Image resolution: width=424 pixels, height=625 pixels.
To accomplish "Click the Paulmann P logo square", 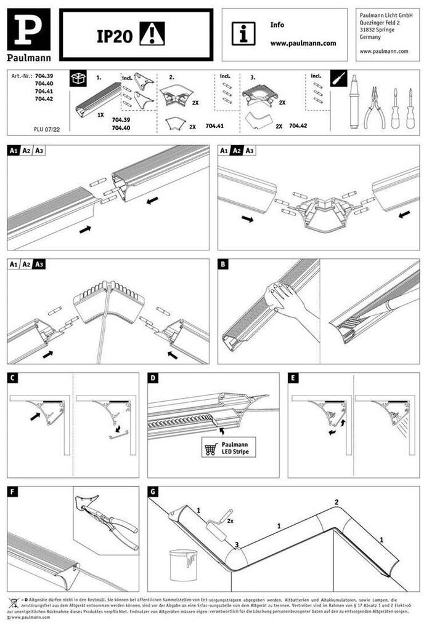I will [28, 30].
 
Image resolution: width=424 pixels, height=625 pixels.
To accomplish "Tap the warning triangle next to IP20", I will [152, 34].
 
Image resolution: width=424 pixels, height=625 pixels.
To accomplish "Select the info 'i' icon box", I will [243, 34].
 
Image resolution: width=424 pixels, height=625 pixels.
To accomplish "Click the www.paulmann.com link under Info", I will [303, 44].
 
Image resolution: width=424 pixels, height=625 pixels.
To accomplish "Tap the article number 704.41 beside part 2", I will [214, 125].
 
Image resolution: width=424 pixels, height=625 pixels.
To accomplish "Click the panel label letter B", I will [223, 264].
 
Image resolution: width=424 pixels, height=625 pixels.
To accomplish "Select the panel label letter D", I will [153, 378].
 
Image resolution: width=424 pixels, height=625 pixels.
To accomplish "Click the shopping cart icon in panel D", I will [211, 449].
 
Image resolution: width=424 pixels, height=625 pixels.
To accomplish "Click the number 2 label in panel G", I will [336, 502].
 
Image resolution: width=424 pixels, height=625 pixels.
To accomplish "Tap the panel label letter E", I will [293, 378].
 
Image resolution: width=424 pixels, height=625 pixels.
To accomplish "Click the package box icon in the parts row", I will [78, 79].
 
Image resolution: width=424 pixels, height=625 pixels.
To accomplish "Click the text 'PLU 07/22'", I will [46, 130].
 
